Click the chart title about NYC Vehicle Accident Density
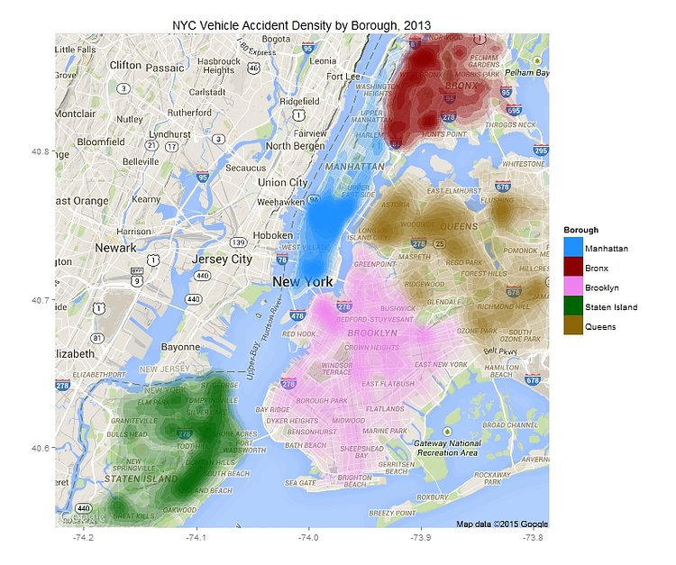[301, 23]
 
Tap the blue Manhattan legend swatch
[573, 246]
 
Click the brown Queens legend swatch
[573, 326]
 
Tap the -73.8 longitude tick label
[533, 538]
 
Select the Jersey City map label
[222, 260]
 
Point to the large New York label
[303, 282]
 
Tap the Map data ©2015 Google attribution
[501, 524]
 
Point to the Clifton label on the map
[125, 65]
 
